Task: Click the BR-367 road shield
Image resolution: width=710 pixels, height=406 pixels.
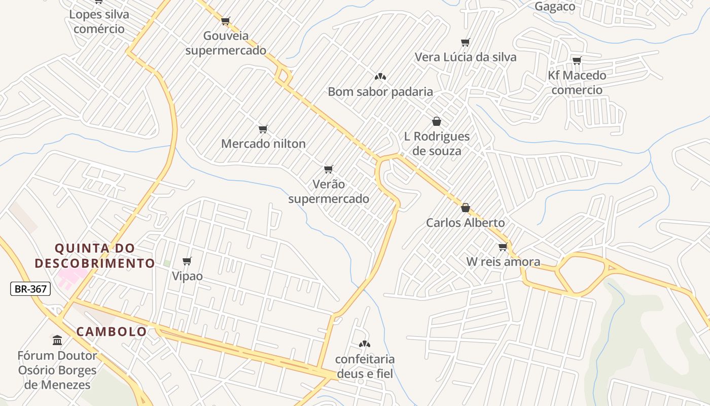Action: coord(30,289)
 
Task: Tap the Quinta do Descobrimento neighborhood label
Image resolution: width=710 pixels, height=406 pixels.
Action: coord(94,256)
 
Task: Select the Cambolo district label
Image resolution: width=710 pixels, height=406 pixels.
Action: coord(112,332)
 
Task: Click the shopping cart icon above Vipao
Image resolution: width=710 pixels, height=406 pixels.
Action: coord(187,261)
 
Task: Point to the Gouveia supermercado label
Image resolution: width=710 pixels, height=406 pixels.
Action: coord(226,43)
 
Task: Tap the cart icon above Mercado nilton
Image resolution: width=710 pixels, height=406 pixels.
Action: coord(263,129)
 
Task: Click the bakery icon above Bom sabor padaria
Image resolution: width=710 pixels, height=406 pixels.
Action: coord(380,77)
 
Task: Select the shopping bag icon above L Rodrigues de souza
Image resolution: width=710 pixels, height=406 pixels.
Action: coord(436,121)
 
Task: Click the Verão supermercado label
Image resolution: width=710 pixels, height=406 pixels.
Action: coord(329,191)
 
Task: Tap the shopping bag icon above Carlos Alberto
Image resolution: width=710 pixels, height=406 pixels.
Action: coord(465,208)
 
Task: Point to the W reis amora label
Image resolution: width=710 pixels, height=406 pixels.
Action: coord(503,262)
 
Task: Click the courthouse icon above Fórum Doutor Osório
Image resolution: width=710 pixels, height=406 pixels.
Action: coord(57,340)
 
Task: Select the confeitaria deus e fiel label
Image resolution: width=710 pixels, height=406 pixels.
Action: coord(364,366)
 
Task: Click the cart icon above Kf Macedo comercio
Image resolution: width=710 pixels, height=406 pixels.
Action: coord(577,61)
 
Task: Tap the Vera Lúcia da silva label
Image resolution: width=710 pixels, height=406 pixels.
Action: coord(465,57)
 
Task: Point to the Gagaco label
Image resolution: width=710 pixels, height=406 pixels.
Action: coord(555,7)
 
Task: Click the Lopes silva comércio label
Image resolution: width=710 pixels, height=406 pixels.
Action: coord(99,21)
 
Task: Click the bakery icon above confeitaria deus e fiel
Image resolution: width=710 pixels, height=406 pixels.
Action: coord(364,344)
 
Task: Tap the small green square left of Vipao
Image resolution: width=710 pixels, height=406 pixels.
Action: coord(167,263)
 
